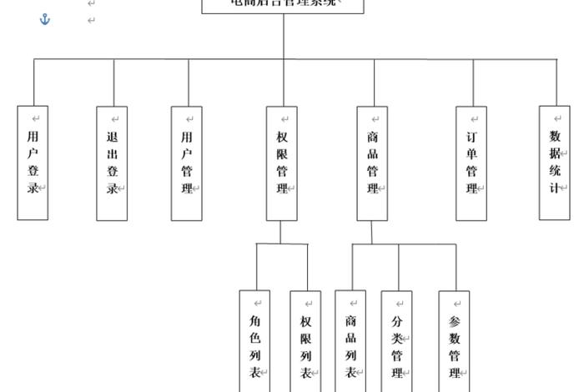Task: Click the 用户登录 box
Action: point(33,163)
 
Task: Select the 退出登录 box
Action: point(112,163)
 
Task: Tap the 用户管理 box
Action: point(186,163)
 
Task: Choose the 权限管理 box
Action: point(282,163)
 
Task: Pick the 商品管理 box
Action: point(372,163)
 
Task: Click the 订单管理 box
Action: point(471,163)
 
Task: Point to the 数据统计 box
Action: point(554,163)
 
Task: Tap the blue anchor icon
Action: point(45,18)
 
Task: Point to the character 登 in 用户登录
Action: point(33,171)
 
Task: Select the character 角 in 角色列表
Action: point(254,319)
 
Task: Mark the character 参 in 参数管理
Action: point(454,321)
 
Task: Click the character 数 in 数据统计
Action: point(554,136)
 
